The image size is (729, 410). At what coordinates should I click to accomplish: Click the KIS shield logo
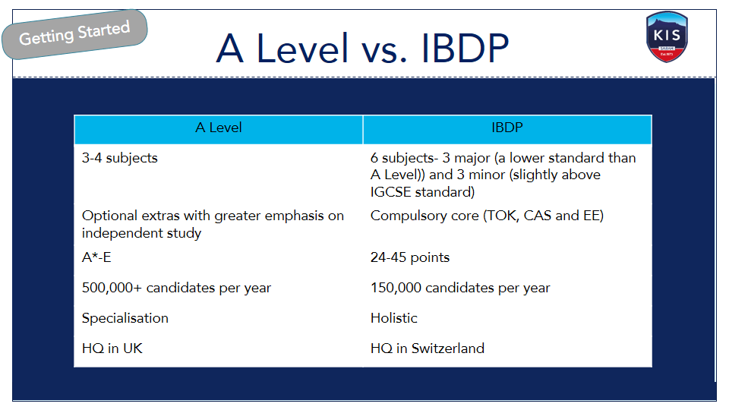tap(667, 36)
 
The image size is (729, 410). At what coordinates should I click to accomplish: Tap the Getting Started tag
tap(74, 34)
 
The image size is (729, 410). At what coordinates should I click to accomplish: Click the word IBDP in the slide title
tap(465, 49)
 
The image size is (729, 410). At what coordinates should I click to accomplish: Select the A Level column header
tap(219, 129)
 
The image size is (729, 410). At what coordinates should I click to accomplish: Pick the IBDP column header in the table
tap(507, 129)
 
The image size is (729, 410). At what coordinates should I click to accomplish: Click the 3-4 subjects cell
tap(120, 158)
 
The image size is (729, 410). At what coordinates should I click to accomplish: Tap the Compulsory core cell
tap(487, 216)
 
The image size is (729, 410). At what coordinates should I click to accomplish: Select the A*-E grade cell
tap(96, 257)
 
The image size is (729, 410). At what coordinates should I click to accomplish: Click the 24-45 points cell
tap(410, 257)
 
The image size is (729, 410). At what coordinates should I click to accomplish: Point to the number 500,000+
tap(112, 288)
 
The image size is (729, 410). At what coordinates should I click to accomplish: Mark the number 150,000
tap(396, 288)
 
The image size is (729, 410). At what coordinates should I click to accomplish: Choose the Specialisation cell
tap(125, 318)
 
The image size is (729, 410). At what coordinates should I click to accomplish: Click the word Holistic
tap(394, 318)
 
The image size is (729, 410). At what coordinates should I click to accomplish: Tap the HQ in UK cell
tap(112, 348)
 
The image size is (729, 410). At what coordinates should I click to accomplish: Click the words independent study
tap(141, 233)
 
